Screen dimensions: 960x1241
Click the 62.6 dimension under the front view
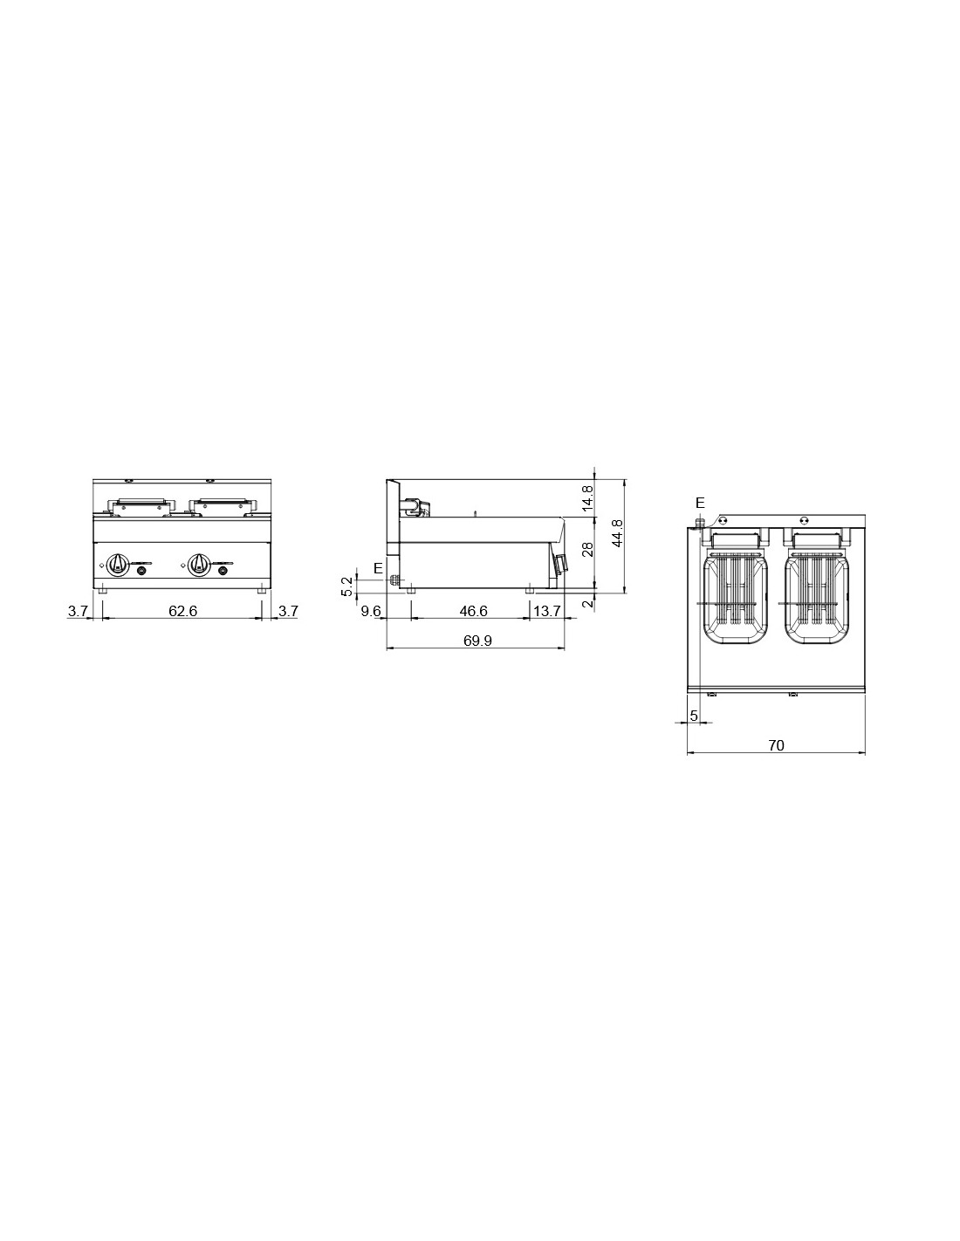[182, 611]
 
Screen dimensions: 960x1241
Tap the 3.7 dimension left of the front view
[78, 611]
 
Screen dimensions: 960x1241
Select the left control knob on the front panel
[118, 564]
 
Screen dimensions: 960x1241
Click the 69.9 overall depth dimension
[477, 641]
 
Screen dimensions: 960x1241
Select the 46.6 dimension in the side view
[473, 611]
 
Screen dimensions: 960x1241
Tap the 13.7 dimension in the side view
[546, 611]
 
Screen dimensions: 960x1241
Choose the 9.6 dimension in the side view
[371, 611]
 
